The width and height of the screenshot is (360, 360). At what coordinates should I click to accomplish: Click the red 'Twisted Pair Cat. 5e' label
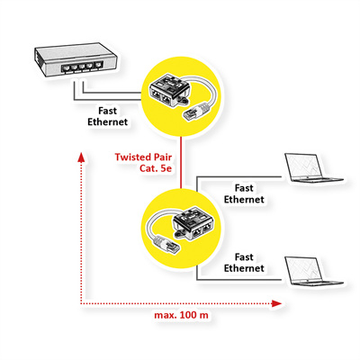[x=144, y=163]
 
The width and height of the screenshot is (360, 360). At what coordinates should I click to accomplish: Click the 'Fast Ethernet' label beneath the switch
[x=105, y=114]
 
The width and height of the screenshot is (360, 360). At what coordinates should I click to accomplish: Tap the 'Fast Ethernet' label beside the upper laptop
[x=243, y=193]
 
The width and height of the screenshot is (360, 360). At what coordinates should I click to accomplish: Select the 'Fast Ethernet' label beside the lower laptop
[x=243, y=262]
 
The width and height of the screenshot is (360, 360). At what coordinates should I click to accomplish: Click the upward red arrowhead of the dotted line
[x=82, y=158]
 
